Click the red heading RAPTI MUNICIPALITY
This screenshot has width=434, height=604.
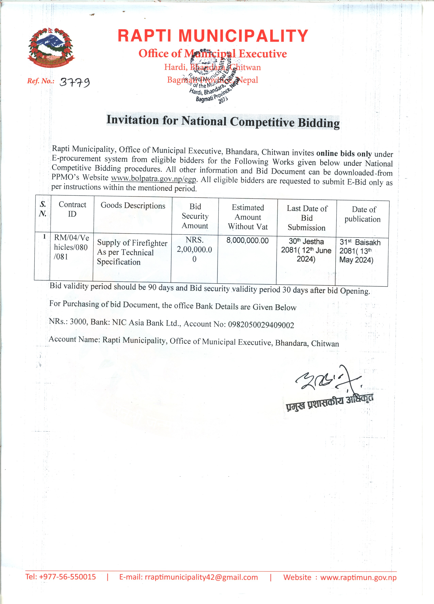pyautogui.click(x=213, y=36)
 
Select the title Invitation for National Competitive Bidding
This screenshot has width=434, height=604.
pyautogui.click(x=223, y=122)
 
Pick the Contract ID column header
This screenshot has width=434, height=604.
pyautogui.click(x=72, y=209)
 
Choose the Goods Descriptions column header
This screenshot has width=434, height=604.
pyautogui.click(x=133, y=206)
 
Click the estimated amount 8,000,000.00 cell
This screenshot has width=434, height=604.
pyautogui.click(x=247, y=240)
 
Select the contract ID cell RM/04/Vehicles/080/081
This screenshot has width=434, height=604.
pyautogui.click(x=71, y=247)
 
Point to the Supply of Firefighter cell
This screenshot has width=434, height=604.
pyautogui.click(x=132, y=252)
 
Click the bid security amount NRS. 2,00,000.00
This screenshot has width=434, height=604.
pyautogui.click(x=194, y=249)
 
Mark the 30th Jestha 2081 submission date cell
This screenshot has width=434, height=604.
pyautogui.click(x=306, y=250)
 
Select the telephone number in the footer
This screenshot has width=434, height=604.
pyautogui.click(x=61, y=577)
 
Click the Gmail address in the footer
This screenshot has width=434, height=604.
pyautogui.click(x=189, y=577)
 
